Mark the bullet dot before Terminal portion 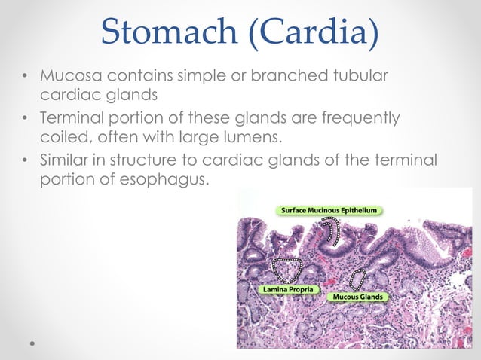(26, 119)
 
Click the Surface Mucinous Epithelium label (329, 209)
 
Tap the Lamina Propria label (290, 288)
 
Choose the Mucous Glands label (358, 297)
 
